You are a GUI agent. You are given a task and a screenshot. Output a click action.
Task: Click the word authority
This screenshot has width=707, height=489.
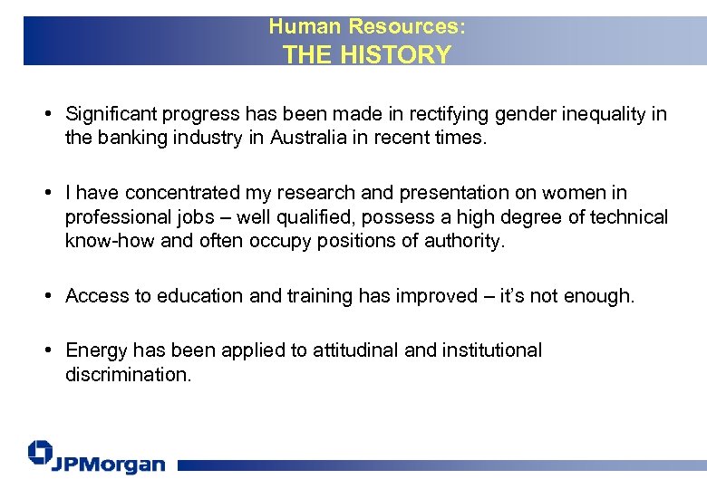coord(466,242)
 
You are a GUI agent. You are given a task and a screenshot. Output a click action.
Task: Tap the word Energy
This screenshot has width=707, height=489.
coord(96,350)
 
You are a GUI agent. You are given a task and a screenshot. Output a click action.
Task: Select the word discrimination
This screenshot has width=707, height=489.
coord(127,374)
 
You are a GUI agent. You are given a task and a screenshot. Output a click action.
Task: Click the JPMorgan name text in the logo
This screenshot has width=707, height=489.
coord(109,464)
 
